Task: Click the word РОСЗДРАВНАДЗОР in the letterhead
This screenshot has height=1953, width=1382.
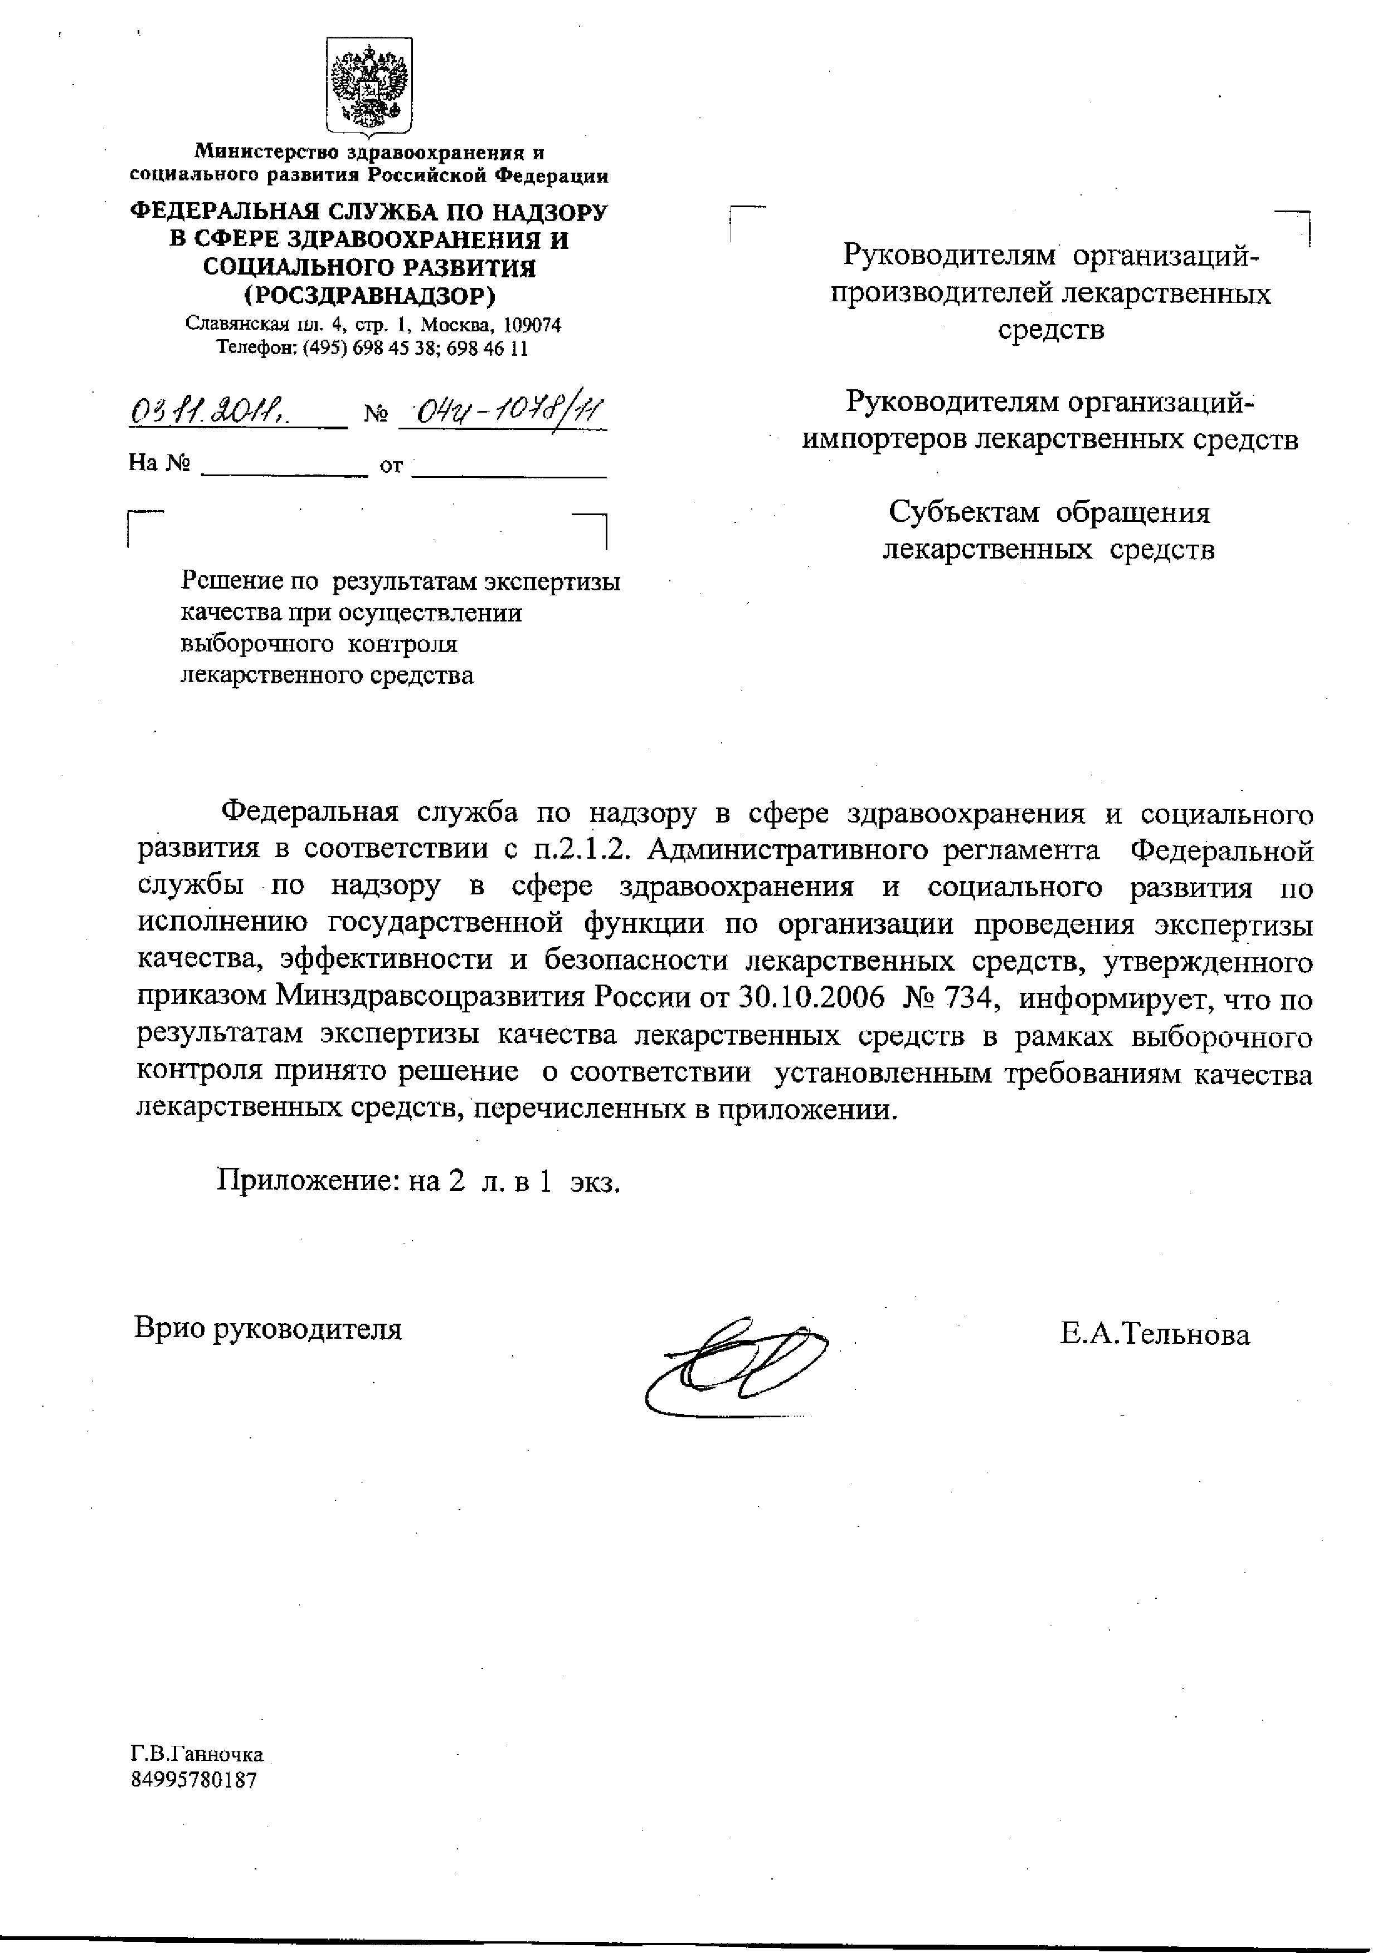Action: click(369, 296)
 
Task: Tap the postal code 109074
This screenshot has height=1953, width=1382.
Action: click(532, 325)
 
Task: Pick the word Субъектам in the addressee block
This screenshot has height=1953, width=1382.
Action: click(963, 513)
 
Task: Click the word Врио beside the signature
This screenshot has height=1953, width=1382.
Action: click(168, 1328)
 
